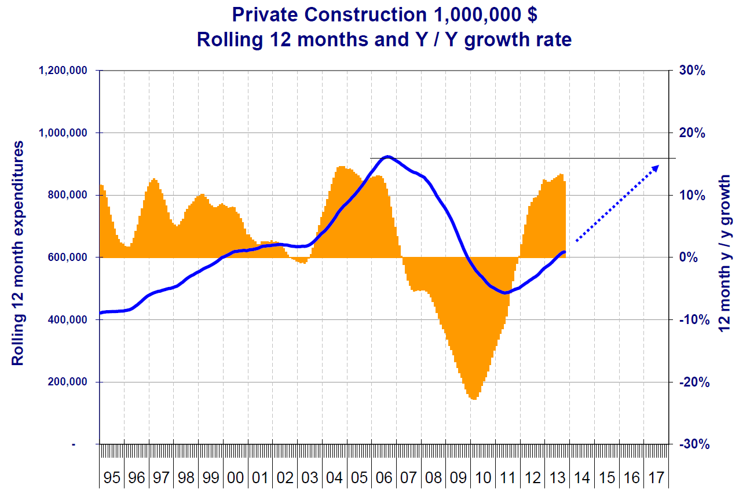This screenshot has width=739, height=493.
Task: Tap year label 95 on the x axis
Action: (x=112, y=478)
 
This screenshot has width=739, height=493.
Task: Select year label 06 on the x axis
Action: (x=384, y=478)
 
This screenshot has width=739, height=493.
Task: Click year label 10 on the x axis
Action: (x=483, y=478)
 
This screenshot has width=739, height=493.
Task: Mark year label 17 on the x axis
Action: (x=656, y=478)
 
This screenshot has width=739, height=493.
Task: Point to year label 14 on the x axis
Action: (x=582, y=478)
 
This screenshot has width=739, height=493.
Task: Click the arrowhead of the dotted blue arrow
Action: (x=656, y=167)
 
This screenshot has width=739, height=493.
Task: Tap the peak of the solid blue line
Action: (x=387, y=157)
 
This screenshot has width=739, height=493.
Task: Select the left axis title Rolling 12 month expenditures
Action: (x=19, y=253)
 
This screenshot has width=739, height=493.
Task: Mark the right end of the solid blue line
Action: (x=564, y=252)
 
